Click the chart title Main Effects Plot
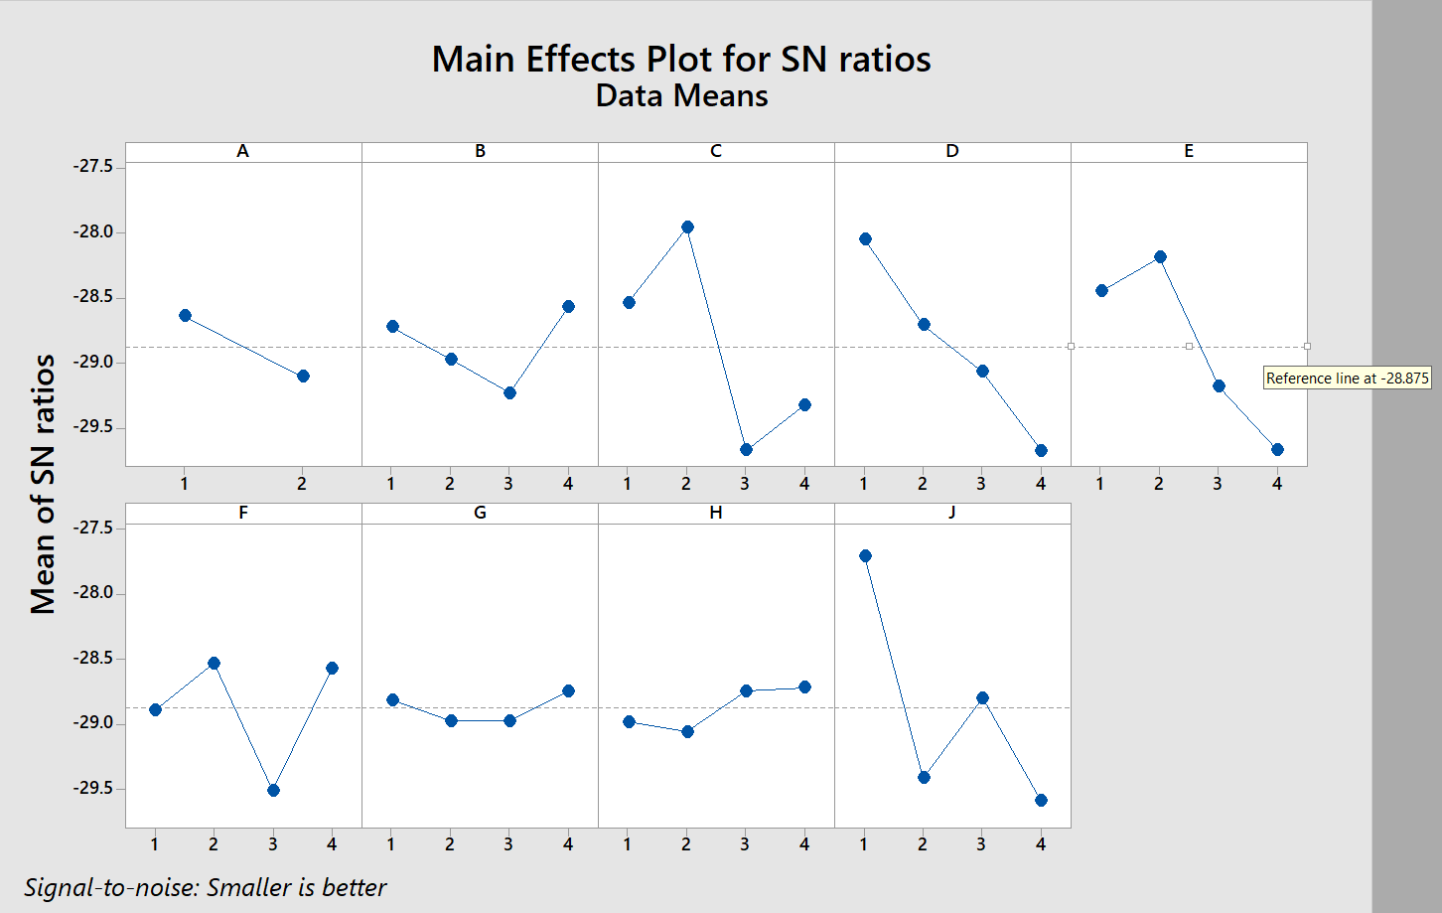(x=681, y=60)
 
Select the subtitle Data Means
(x=681, y=96)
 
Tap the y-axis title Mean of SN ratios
(x=43, y=484)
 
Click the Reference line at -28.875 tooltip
(x=1347, y=379)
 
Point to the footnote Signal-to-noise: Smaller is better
(x=206, y=887)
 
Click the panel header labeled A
(x=242, y=152)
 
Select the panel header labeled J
(x=951, y=513)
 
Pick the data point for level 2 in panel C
(x=686, y=228)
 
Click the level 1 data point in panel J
(x=865, y=556)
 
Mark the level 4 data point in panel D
(x=1041, y=451)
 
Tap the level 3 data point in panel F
(x=273, y=791)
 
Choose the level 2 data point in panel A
(x=303, y=377)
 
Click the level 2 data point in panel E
(x=1160, y=257)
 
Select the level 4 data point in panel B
(x=568, y=307)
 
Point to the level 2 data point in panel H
(x=687, y=732)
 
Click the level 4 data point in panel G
(x=568, y=691)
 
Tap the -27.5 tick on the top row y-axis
(x=94, y=167)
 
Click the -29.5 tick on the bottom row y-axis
(x=94, y=789)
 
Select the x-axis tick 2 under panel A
(x=302, y=484)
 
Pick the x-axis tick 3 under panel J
(x=981, y=844)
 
